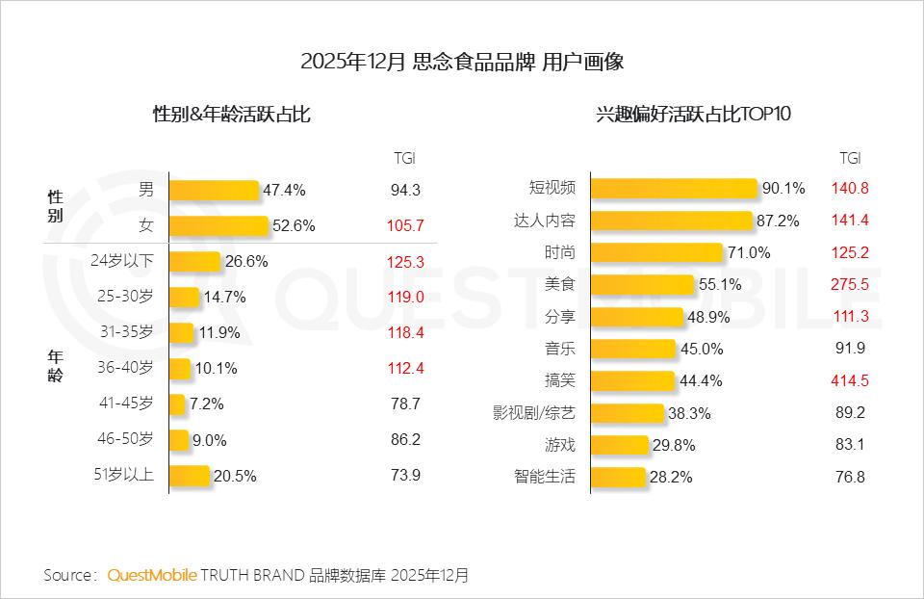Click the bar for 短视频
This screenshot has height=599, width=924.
[674, 189]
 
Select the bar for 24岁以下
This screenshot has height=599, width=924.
[194, 261]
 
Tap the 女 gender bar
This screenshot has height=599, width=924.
[218, 225]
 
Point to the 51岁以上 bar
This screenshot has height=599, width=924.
[189, 476]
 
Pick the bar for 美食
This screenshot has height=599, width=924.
[642, 285]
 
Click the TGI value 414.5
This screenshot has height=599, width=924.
[850, 380]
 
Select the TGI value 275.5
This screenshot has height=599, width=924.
[850, 285]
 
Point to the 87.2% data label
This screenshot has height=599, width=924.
[779, 221]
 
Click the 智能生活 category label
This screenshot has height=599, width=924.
[545, 476]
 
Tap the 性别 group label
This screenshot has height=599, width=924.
[56, 206]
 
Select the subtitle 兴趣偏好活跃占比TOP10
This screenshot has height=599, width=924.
[693, 115]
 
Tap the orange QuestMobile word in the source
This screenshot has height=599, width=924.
[152, 575]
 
